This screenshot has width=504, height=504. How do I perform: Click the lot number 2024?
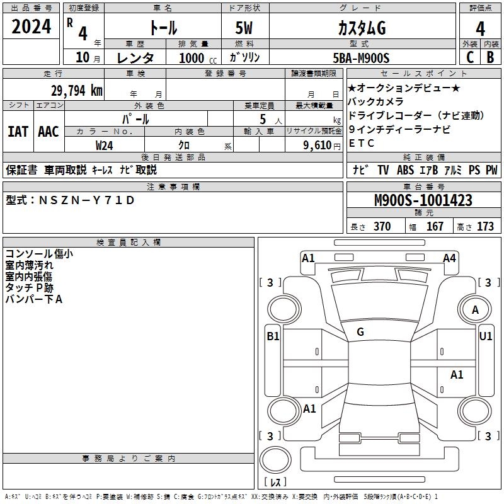click(31, 26)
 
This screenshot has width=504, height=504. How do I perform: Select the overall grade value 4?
click(480, 28)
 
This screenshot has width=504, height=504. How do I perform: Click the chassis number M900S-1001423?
click(423, 200)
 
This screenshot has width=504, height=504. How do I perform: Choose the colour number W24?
click(105, 146)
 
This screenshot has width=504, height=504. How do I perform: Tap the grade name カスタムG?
click(361, 28)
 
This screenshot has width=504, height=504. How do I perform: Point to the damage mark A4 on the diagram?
click(449, 258)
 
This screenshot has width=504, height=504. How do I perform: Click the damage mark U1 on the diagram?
click(486, 336)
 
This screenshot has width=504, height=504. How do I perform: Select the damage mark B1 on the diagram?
click(272, 336)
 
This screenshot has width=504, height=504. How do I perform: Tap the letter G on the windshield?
click(360, 332)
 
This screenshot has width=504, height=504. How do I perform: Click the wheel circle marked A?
click(475, 309)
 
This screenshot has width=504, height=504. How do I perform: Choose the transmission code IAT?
click(18, 132)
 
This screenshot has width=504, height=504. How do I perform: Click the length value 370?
click(382, 227)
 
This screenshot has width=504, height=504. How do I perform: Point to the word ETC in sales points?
click(362, 143)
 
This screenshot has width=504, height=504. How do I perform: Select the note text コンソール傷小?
click(39, 254)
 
